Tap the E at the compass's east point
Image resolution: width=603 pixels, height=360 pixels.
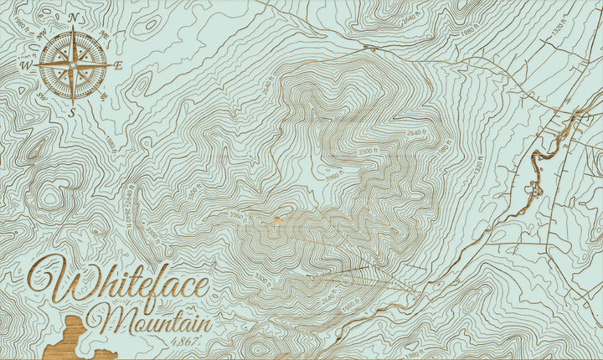119,65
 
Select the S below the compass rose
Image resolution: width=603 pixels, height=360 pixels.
73,111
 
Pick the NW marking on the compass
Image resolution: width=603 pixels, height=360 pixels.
41,33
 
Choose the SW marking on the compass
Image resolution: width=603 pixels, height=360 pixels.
41,95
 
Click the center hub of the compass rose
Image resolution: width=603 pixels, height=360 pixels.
74,64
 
